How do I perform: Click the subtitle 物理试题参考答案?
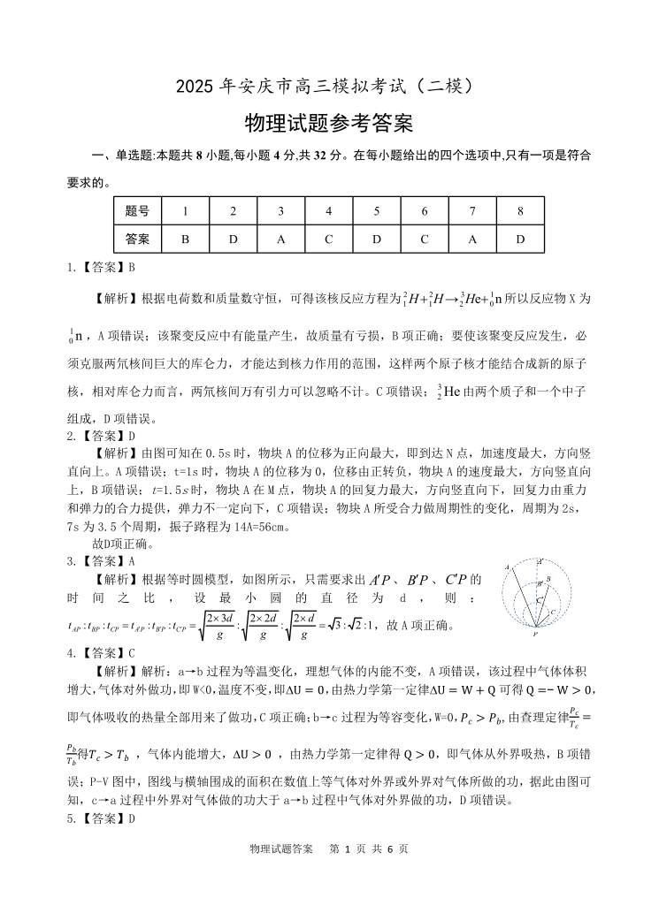click(329, 124)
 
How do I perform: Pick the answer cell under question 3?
click(280, 239)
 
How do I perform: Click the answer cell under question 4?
click(328, 239)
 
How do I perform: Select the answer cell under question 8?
click(520, 239)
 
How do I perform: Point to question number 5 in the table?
click(376, 211)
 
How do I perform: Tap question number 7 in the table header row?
click(472, 211)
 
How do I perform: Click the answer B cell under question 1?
click(185, 239)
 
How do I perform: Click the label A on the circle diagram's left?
click(507, 567)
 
